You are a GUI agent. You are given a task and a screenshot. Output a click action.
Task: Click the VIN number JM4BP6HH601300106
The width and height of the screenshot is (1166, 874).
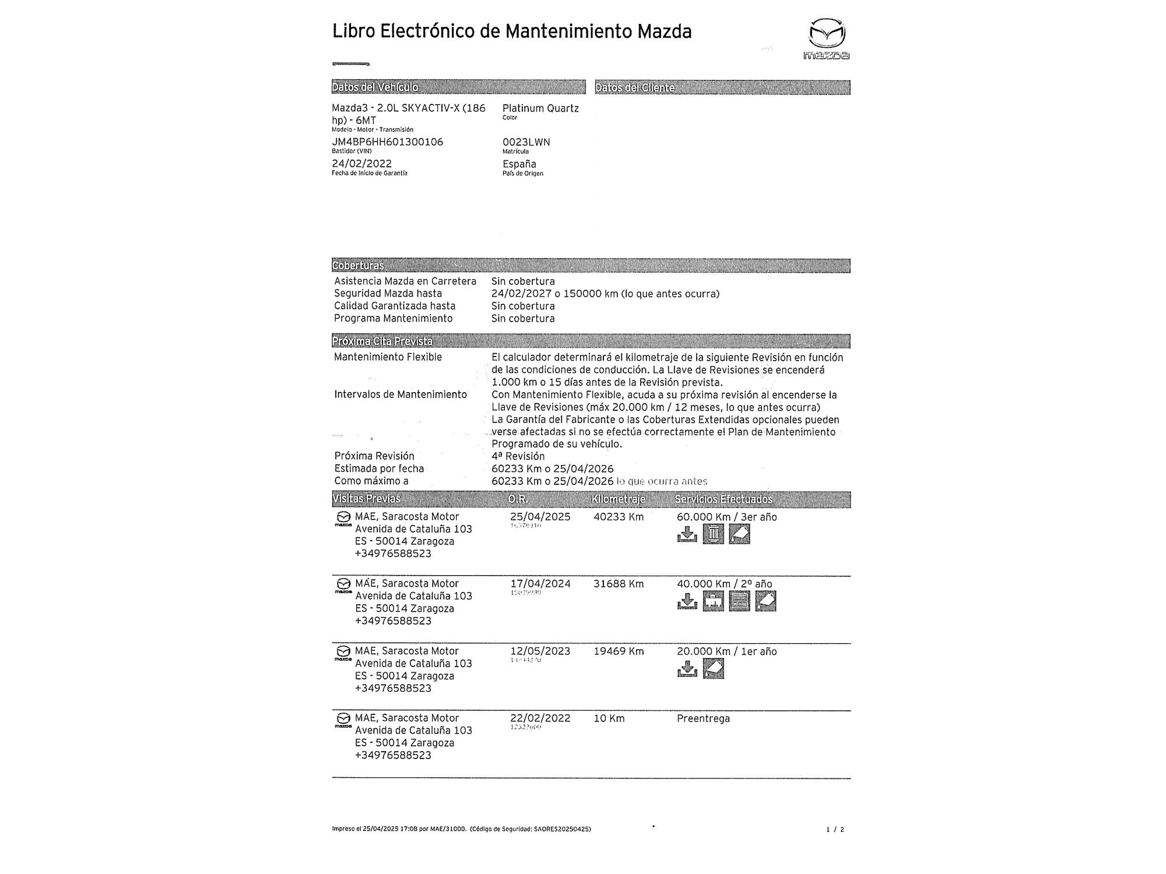[x=387, y=142]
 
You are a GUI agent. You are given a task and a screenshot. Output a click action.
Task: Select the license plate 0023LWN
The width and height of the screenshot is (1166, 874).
[x=526, y=142]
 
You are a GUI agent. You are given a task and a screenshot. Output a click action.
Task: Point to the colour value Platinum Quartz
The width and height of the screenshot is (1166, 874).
[x=540, y=108]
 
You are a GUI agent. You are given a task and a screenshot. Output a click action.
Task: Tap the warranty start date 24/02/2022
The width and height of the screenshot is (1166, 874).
[x=361, y=164]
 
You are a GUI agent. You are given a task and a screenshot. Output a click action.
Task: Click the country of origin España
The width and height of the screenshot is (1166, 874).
[x=519, y=164]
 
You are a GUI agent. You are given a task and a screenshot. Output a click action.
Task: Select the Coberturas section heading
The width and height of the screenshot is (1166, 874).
[x=358, y=266]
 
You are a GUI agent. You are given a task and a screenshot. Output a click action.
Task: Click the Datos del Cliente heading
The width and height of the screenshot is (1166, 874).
[x=634, y=88]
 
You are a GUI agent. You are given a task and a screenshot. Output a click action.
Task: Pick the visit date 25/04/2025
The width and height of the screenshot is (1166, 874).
[x=540, y=517]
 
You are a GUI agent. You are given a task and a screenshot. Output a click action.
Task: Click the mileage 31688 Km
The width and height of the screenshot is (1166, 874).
[x=618, y=584]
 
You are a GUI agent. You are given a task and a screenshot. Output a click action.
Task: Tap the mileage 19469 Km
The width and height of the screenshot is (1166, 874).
[x=618, y=651]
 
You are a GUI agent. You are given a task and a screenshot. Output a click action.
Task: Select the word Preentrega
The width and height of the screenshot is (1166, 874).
[x=703, y=718]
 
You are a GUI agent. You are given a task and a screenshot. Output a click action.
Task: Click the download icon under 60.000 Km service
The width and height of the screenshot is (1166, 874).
[x=687, y=534]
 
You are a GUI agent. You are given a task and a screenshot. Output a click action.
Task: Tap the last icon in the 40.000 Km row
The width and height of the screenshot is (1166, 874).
[x=765, y=601]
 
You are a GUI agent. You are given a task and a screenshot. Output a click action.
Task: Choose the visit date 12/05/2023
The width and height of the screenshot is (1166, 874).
[x=540, y=651]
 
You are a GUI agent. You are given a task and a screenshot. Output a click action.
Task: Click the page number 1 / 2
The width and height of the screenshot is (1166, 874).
[x=835, y=829]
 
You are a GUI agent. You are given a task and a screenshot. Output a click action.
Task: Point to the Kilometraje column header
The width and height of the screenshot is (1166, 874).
[x=618, y=499]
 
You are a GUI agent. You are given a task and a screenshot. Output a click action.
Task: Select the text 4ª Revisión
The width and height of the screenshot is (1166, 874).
[x=518, y=456]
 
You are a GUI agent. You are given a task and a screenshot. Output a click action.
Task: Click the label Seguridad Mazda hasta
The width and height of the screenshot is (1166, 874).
[x=388, y=294]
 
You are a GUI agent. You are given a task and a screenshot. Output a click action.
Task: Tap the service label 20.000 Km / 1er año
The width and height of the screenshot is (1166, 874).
[x=726, y=651]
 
